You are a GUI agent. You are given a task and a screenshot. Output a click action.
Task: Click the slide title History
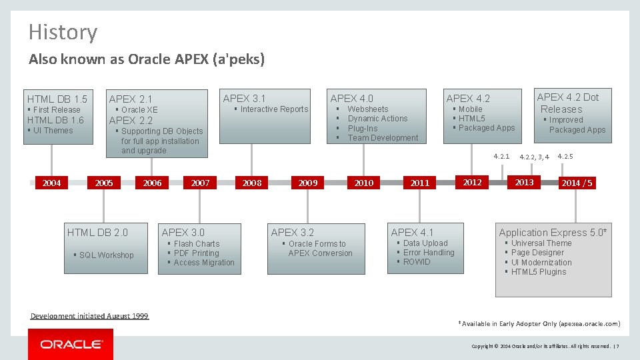click(63, 32)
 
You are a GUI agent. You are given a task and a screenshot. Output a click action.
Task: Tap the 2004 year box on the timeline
click(51, 183)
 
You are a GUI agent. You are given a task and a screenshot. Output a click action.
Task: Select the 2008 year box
click(252, 183)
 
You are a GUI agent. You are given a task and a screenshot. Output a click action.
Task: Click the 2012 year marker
click(472, 182)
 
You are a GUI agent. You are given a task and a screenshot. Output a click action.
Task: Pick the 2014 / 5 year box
click(577, 183)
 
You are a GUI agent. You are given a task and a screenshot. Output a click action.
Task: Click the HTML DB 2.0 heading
click(97, 232)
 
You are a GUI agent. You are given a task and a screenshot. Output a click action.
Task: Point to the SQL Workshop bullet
click(106, 255)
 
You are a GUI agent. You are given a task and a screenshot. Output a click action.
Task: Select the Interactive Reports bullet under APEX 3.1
click(274, 109)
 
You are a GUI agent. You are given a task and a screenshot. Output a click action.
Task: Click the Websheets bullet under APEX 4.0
click(367, 109)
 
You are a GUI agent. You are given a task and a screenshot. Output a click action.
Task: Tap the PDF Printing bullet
click(196, 253)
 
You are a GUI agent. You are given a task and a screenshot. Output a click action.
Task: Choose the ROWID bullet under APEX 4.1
click(417, 262)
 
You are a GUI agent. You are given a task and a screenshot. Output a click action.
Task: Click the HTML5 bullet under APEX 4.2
click(471, 119)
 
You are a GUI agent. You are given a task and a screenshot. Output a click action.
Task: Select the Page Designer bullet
click(537, 253)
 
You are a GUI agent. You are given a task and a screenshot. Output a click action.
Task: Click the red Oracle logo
click(71, 344)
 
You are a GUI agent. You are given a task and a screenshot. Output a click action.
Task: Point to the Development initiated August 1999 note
click(89, 316)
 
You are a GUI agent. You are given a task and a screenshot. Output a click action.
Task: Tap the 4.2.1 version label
click(501, 157)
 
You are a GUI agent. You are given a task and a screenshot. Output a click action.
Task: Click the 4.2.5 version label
click(565, 157)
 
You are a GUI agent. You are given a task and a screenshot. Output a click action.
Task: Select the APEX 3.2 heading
click(292, 232)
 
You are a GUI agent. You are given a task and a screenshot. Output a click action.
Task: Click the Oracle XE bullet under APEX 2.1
click(139, 110)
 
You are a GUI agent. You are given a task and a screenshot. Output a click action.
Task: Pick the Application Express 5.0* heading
click(553, 232)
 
